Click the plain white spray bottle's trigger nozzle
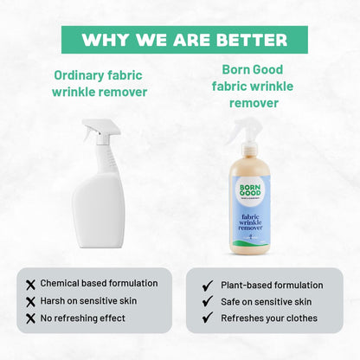click(93, 131)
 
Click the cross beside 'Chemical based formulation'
click(31, 284)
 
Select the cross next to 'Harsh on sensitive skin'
click(31, 300)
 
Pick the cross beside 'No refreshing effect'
click(31, 318)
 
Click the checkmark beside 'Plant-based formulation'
click(207, 285)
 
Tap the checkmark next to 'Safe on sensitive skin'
click(207, 301)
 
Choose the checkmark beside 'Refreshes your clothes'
click(207, 318)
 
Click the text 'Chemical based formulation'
click(98, 283)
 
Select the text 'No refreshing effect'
click(83, 318)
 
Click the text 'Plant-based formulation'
click(271, 285)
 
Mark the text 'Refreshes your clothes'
click(268, 318)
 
